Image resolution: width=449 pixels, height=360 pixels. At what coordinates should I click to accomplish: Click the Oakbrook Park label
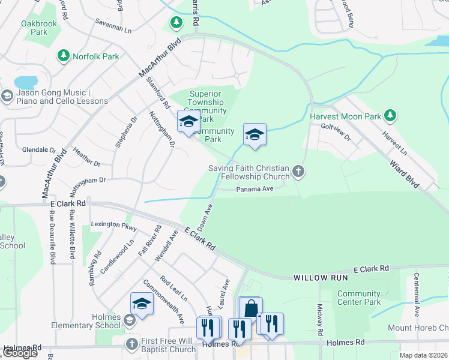pos(34,28)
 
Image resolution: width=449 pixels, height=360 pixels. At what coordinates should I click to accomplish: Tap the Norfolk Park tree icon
pos(63,56)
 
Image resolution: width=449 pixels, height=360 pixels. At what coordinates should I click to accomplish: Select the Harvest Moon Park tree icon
pos(390,115)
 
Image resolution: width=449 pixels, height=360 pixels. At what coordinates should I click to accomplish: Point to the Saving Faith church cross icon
pos(298,173)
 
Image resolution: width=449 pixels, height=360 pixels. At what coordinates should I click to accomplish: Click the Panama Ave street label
pos(255,188)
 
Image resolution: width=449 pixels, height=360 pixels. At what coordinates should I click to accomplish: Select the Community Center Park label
pos(359,298)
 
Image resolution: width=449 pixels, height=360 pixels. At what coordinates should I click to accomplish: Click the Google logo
pos(19,353)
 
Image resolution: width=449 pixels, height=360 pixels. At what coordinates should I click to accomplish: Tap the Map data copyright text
pos(423,355)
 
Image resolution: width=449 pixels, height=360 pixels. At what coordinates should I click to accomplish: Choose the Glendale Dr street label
pos(39,149)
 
